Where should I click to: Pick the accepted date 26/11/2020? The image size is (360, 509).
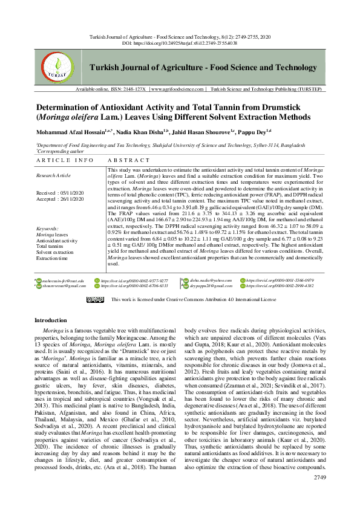coord(73,198)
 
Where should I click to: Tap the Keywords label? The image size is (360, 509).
coord(47,229)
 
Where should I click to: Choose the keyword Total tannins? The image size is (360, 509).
coord(50,246)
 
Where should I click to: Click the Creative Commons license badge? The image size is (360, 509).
coord(95,299)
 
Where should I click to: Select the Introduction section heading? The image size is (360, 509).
coord(50,320)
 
